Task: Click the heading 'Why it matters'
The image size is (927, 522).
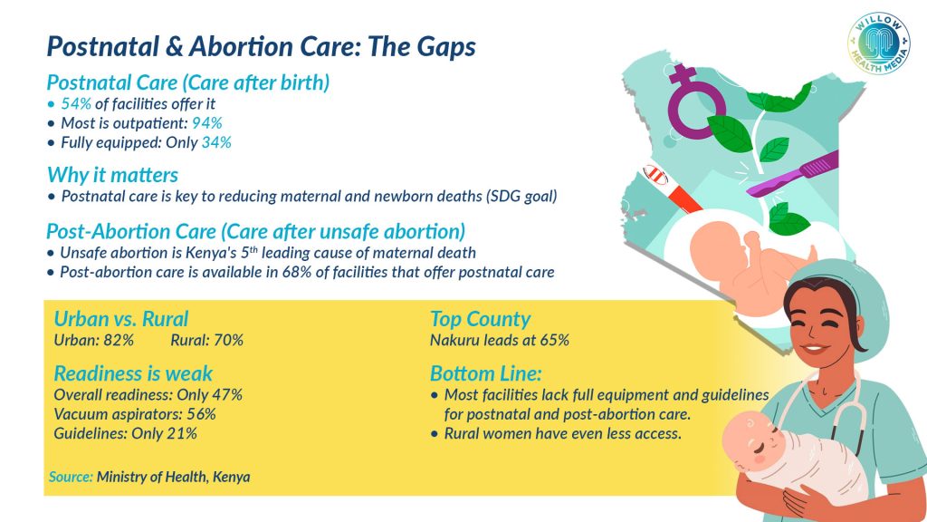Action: (112, 174)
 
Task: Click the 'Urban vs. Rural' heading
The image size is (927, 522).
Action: (121, 319)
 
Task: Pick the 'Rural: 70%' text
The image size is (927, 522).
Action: (206, 340)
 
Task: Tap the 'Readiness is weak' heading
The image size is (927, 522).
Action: (133, 373)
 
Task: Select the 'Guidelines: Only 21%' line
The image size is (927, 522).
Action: (125, 433)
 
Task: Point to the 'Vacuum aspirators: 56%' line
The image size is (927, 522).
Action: (135, 414)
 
